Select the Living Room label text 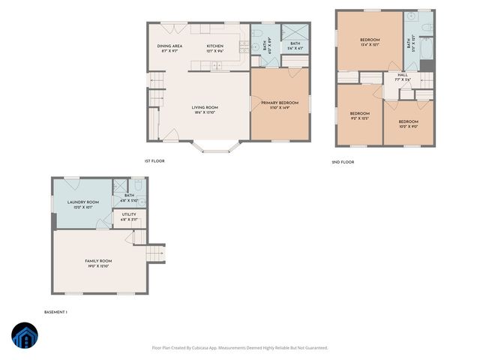coord(205,110)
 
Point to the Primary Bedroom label coord(280,105)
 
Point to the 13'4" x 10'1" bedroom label coord(369,42)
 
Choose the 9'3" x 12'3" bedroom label coord(359,116)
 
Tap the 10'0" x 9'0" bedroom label coord(408,124)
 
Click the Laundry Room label coord(82,204)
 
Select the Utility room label coord(129,217)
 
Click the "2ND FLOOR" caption coord(343,162)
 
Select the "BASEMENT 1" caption coord(56,311)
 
